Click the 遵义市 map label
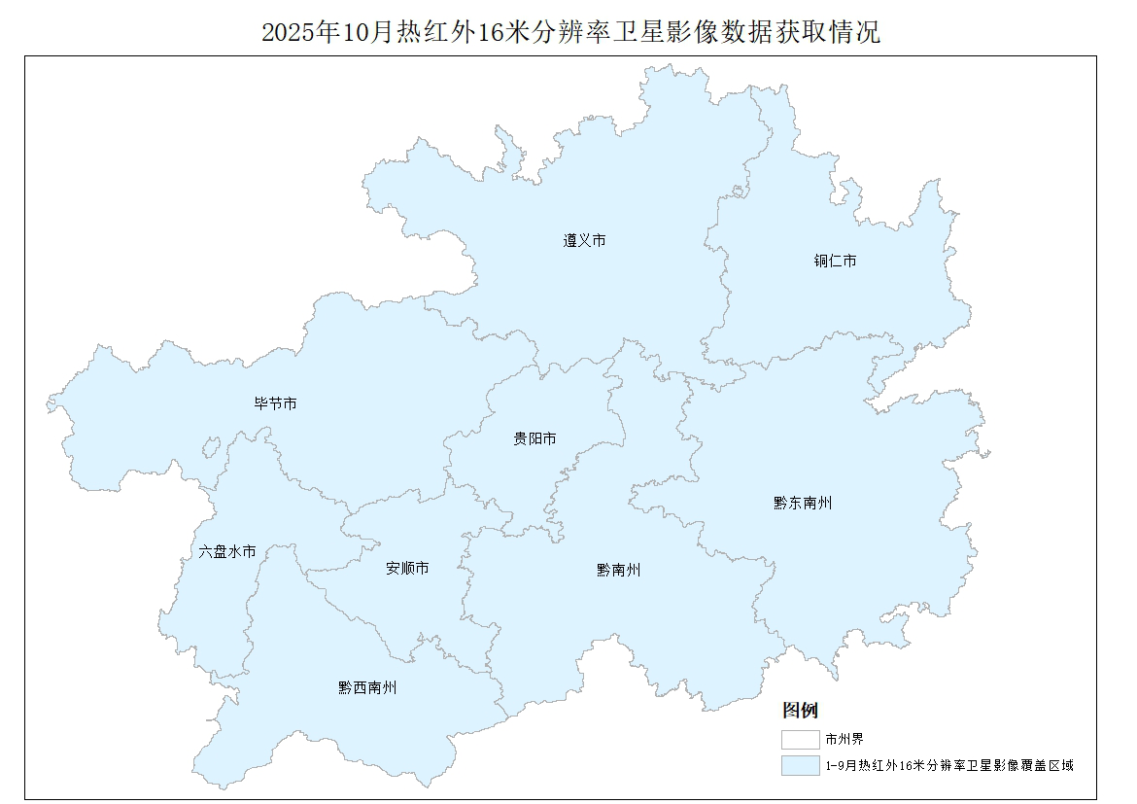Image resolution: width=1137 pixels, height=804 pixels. coord(584,240)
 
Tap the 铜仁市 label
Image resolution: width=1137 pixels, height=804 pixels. coord(835,261)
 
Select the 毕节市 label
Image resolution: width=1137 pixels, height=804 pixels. coord(275,403)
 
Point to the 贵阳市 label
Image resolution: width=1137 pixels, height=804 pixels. coord(534,439)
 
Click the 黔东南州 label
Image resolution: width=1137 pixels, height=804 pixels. coord(803,503)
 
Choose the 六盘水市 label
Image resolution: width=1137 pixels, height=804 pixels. coord(227,551)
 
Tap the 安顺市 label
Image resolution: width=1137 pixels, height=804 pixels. coord(407,568)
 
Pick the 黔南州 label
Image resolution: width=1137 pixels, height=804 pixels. coord(618,571)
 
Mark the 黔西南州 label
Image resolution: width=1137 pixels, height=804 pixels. coord(367,687)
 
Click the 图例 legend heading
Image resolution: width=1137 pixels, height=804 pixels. coord(800,710)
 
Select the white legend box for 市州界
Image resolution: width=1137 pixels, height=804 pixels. coord(800,740)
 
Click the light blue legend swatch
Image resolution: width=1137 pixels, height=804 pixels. coord(800,766)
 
